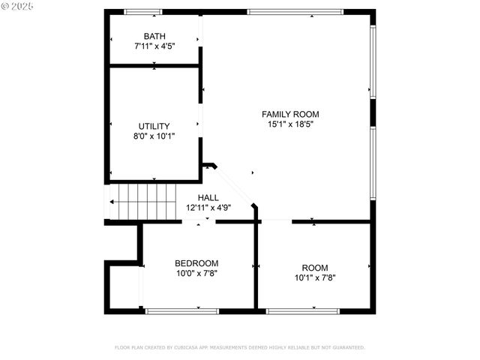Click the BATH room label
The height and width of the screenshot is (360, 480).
click(154, 36)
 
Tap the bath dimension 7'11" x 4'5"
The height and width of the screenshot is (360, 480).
click(154, 46)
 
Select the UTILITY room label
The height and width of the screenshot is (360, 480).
click(154, 126)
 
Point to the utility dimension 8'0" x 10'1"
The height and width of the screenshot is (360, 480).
click(154, 136)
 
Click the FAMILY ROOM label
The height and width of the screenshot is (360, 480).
click(285, 114)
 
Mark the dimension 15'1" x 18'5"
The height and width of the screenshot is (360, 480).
click(285, 124)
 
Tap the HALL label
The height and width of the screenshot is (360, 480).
click(208, 197)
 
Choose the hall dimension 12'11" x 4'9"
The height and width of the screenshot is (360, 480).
click(208, 208)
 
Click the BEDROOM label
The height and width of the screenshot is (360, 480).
click(196, 263)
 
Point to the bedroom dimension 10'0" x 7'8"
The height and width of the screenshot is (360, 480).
click(196, 274)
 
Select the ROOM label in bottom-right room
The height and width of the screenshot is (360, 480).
click(315, 268)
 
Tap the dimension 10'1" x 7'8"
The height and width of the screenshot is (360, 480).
click(315, 277)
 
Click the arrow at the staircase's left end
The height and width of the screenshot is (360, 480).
click(112, 201)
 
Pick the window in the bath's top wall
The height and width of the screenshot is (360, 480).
click(143, 12)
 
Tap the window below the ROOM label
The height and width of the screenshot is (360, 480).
click(303, 310)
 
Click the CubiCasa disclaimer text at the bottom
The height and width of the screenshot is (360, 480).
click(239, 347)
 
